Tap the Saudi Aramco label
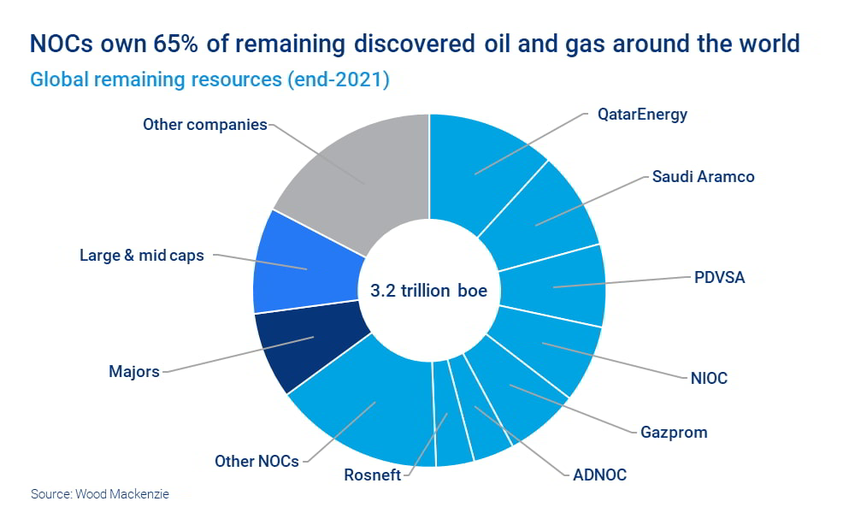(x=703, y=177)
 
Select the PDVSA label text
(x=718, y=278)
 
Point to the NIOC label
(x=709, y=377)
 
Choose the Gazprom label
(x=674, y=432)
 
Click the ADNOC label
(x=599, y=475)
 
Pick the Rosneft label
(x=372, y=475)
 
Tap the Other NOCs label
(x=256, y=461)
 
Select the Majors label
(x=134, y=372)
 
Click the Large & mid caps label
(x=142, y=255)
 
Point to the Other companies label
(x=205, y=124)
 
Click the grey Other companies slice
(x=359, y=171)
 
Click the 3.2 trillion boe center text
(x=428, y=291)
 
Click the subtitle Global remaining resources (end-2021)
(x=210, y=80)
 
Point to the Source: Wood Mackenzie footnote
(x=106, y=494)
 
